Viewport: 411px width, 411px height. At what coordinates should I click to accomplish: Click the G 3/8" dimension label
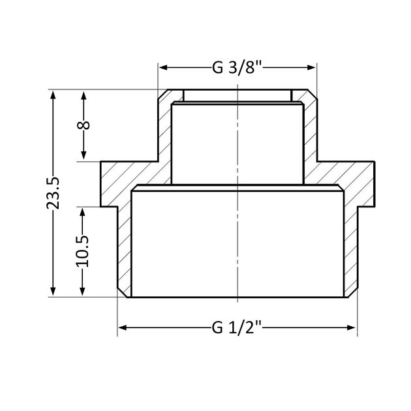238,68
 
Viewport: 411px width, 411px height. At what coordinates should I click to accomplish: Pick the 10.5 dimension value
82,251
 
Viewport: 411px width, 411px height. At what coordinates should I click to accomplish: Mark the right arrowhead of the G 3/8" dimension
311,68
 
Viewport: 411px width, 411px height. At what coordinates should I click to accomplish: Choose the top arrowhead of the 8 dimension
84,95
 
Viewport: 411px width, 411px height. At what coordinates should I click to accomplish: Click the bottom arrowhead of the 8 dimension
84,156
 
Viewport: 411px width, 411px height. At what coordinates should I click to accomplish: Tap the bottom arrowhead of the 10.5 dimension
83,292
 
